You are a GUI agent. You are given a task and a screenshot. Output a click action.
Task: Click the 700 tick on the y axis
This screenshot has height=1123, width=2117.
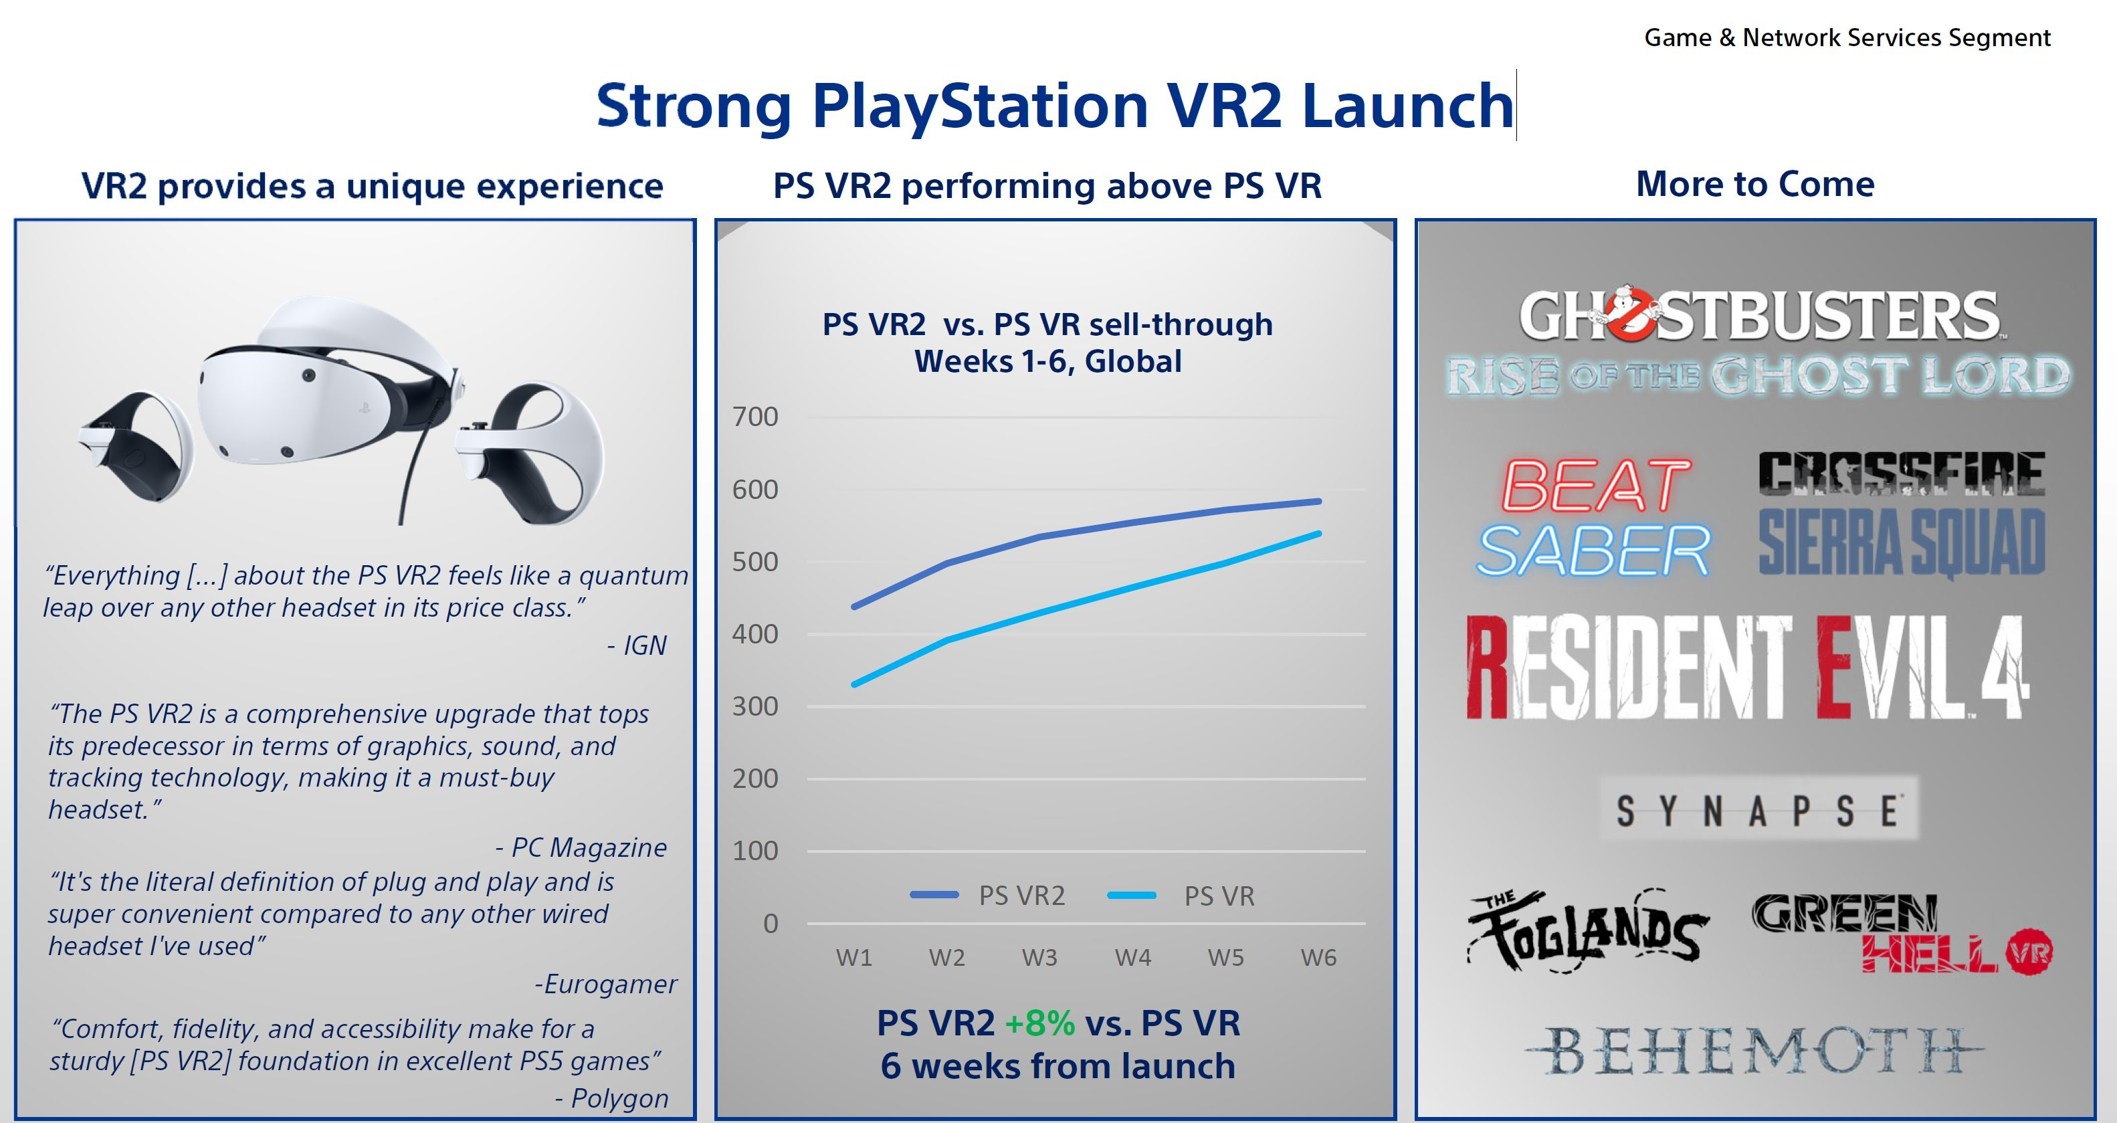[x=754, y=417]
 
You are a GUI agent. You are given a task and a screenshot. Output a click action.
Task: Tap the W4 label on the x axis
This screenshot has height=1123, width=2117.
[x=1132, y=957]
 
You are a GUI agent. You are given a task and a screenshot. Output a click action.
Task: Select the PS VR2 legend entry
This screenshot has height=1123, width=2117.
[x=988, y=896]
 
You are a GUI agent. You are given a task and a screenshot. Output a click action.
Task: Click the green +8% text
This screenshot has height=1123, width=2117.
[x=1039, y=1023]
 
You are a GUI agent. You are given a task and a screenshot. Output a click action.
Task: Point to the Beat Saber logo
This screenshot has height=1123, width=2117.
[x=1593, y=517]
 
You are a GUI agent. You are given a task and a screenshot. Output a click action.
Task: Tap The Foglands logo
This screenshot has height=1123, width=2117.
[x=1588, y=932]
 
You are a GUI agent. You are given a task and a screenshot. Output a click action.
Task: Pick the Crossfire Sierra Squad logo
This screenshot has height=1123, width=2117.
[x=1902, y=514]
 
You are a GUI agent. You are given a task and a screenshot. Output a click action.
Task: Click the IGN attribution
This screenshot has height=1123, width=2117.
[x=637, y=645]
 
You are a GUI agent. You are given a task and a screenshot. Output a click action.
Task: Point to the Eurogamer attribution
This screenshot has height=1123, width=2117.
[x=606, y=983]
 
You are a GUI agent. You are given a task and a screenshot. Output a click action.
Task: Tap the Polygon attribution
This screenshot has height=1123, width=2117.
[x=611, y=1098]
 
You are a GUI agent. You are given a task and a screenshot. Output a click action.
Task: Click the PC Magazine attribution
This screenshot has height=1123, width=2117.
[x=581, y=847]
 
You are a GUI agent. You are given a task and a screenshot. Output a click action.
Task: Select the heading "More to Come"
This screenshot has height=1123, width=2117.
[x=1755, y=184]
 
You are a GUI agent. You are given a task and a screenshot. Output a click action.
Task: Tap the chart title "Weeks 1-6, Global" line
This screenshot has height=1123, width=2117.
[x=1048, y=361]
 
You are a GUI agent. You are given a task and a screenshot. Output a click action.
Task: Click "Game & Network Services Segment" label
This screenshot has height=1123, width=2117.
[x=1847, y=37]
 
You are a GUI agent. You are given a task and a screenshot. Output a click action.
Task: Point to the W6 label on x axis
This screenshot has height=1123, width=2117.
[x=1318, y=957]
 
